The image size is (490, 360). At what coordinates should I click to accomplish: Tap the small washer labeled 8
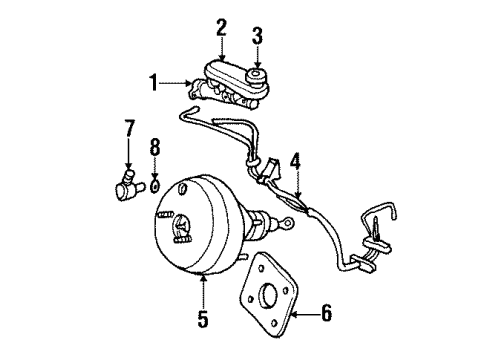(157, 186)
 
